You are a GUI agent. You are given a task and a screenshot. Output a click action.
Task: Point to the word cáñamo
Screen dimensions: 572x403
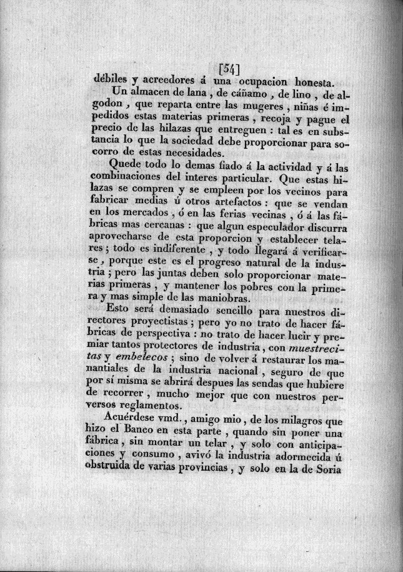point(226,94)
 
